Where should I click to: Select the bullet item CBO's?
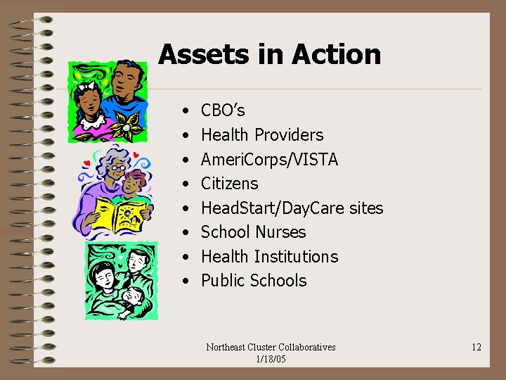(x=223, y=110)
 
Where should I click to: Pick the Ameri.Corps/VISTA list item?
(x=269, y=160)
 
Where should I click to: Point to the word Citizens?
(x=229, y=184)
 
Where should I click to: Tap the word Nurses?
(x=280, y=232)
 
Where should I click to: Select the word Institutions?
(x=296, y=257)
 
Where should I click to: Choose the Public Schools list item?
(x=254, y=281)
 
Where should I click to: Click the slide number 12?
(x=476, y=347)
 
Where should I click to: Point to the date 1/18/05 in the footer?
(x=271, y=358)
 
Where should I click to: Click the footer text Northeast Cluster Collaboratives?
(x=271, y=347)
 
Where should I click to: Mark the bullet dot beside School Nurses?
(x=184, y=233)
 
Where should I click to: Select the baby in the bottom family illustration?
(x=134, y=299)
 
